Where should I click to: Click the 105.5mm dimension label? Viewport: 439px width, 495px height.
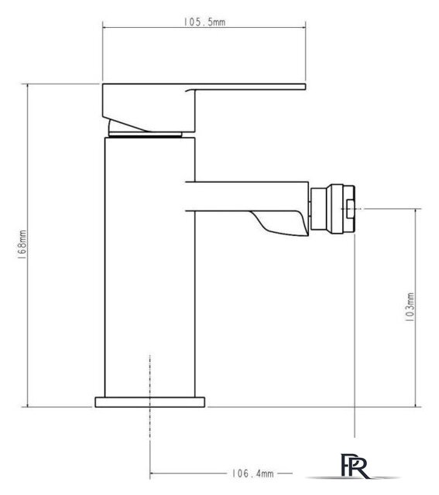click(x=204, y=22)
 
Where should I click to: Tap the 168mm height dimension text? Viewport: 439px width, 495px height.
click(x=22, y=244)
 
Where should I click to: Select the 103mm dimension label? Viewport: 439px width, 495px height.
click(x=410, y=307)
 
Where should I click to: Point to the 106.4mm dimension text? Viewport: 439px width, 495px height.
click(x=253, y=473)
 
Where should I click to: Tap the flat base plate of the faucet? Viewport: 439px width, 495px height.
click(x=149, y=402)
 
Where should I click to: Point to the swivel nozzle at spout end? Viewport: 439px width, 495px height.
click(x=333, y=209)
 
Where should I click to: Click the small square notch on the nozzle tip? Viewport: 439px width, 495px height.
click(x=350, y=209)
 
